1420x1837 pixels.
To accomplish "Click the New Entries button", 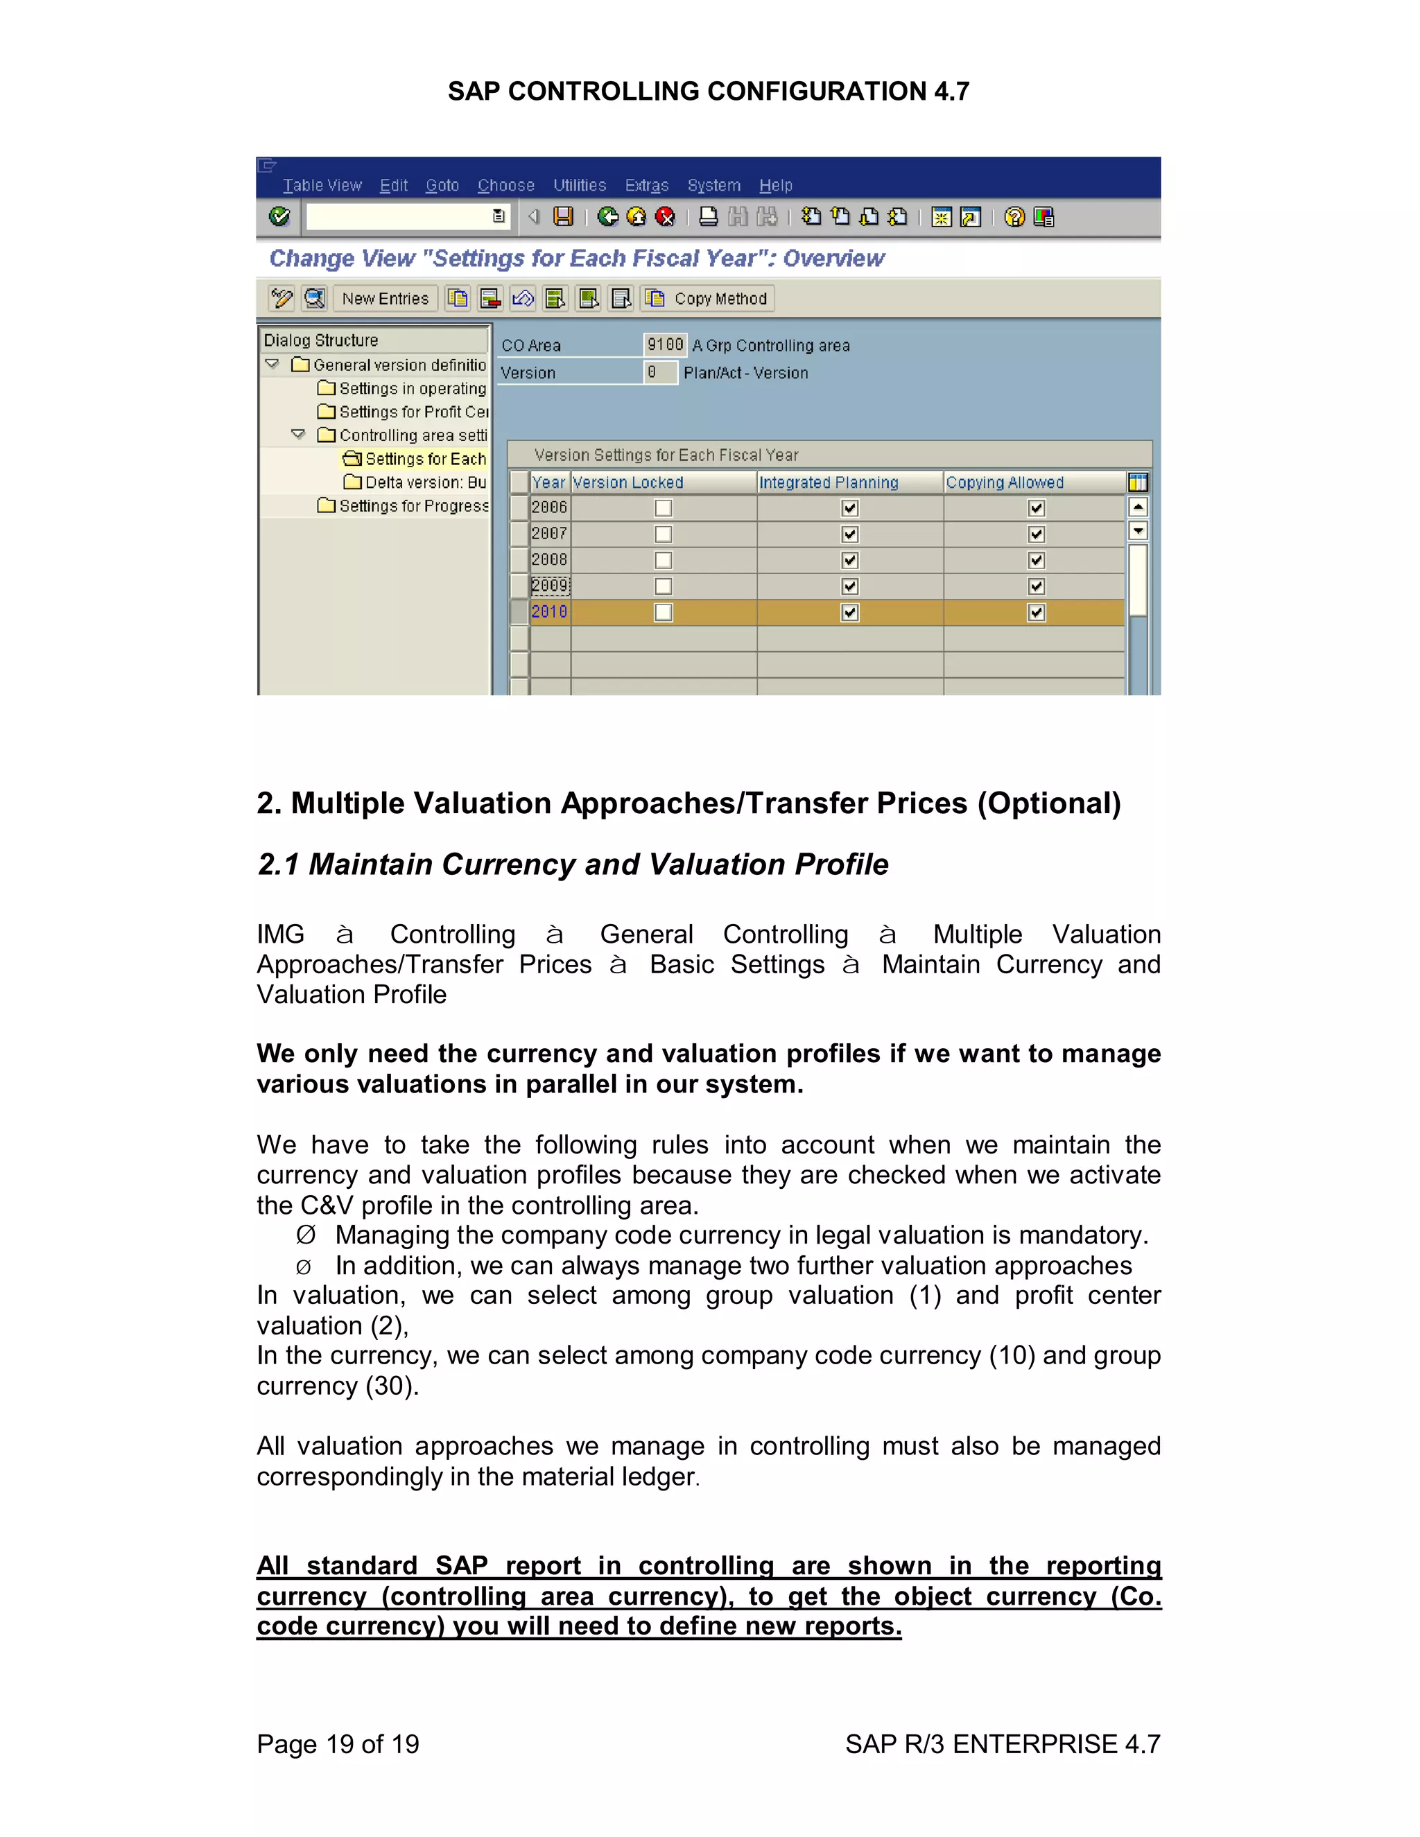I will pos(386,299).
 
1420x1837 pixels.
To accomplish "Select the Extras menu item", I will pos(646,185).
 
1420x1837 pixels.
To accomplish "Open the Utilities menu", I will pos(579,185).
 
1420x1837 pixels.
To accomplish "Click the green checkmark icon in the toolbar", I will pos(280,217).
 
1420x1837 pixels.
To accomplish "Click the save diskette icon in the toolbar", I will pos(563,217).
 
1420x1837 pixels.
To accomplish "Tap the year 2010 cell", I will pos(549,612).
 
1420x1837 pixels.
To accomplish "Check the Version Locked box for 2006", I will pos(664,508).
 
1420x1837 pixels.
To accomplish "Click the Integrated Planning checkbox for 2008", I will pos(849,560).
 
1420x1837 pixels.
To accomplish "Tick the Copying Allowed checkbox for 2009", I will pos(1037,586).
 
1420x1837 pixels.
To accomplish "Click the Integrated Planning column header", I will pos(829,482).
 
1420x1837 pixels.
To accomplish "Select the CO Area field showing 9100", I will pos(664,345).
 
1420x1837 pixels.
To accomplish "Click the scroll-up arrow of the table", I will pos(1138,507).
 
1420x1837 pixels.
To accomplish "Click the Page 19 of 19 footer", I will pos(338,1743).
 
